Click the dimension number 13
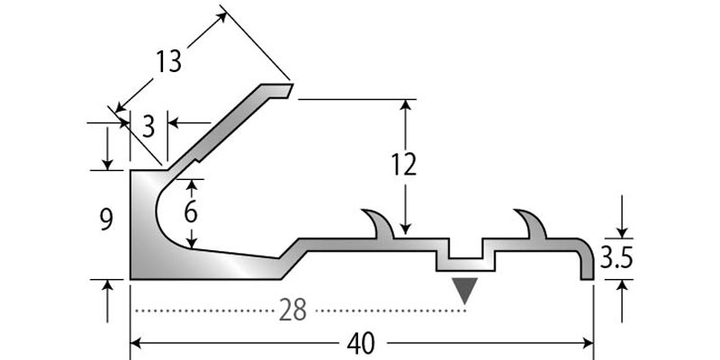point(168,62)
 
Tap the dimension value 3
point(148,122)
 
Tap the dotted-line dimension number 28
point(292,310)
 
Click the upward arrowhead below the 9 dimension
point(108,287)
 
